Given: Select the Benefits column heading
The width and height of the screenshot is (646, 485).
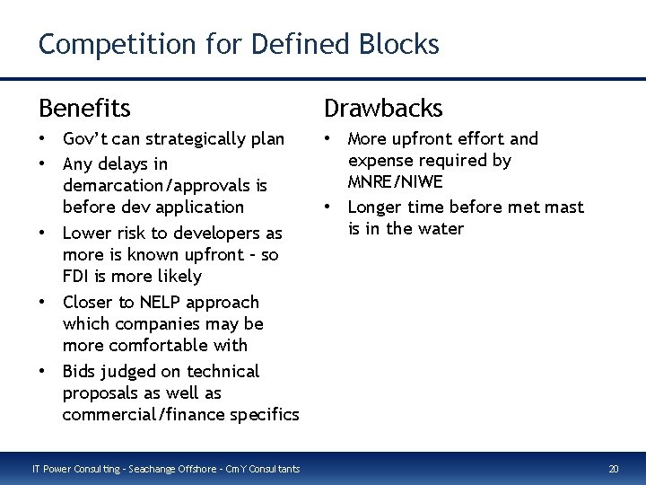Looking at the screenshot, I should [x=84, y=109].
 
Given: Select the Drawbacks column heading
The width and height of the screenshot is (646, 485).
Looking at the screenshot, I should [x=383, y=109].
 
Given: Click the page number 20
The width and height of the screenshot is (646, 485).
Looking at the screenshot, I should [x=614, y=468].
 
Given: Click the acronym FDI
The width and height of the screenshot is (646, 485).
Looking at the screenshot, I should [x=78, y=277].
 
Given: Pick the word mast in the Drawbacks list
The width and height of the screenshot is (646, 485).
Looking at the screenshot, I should [x=564, y=207].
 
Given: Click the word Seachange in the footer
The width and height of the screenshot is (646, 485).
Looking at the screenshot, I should [x=151, y=468].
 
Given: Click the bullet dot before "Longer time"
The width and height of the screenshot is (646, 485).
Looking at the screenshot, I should [x=329, y=207].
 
